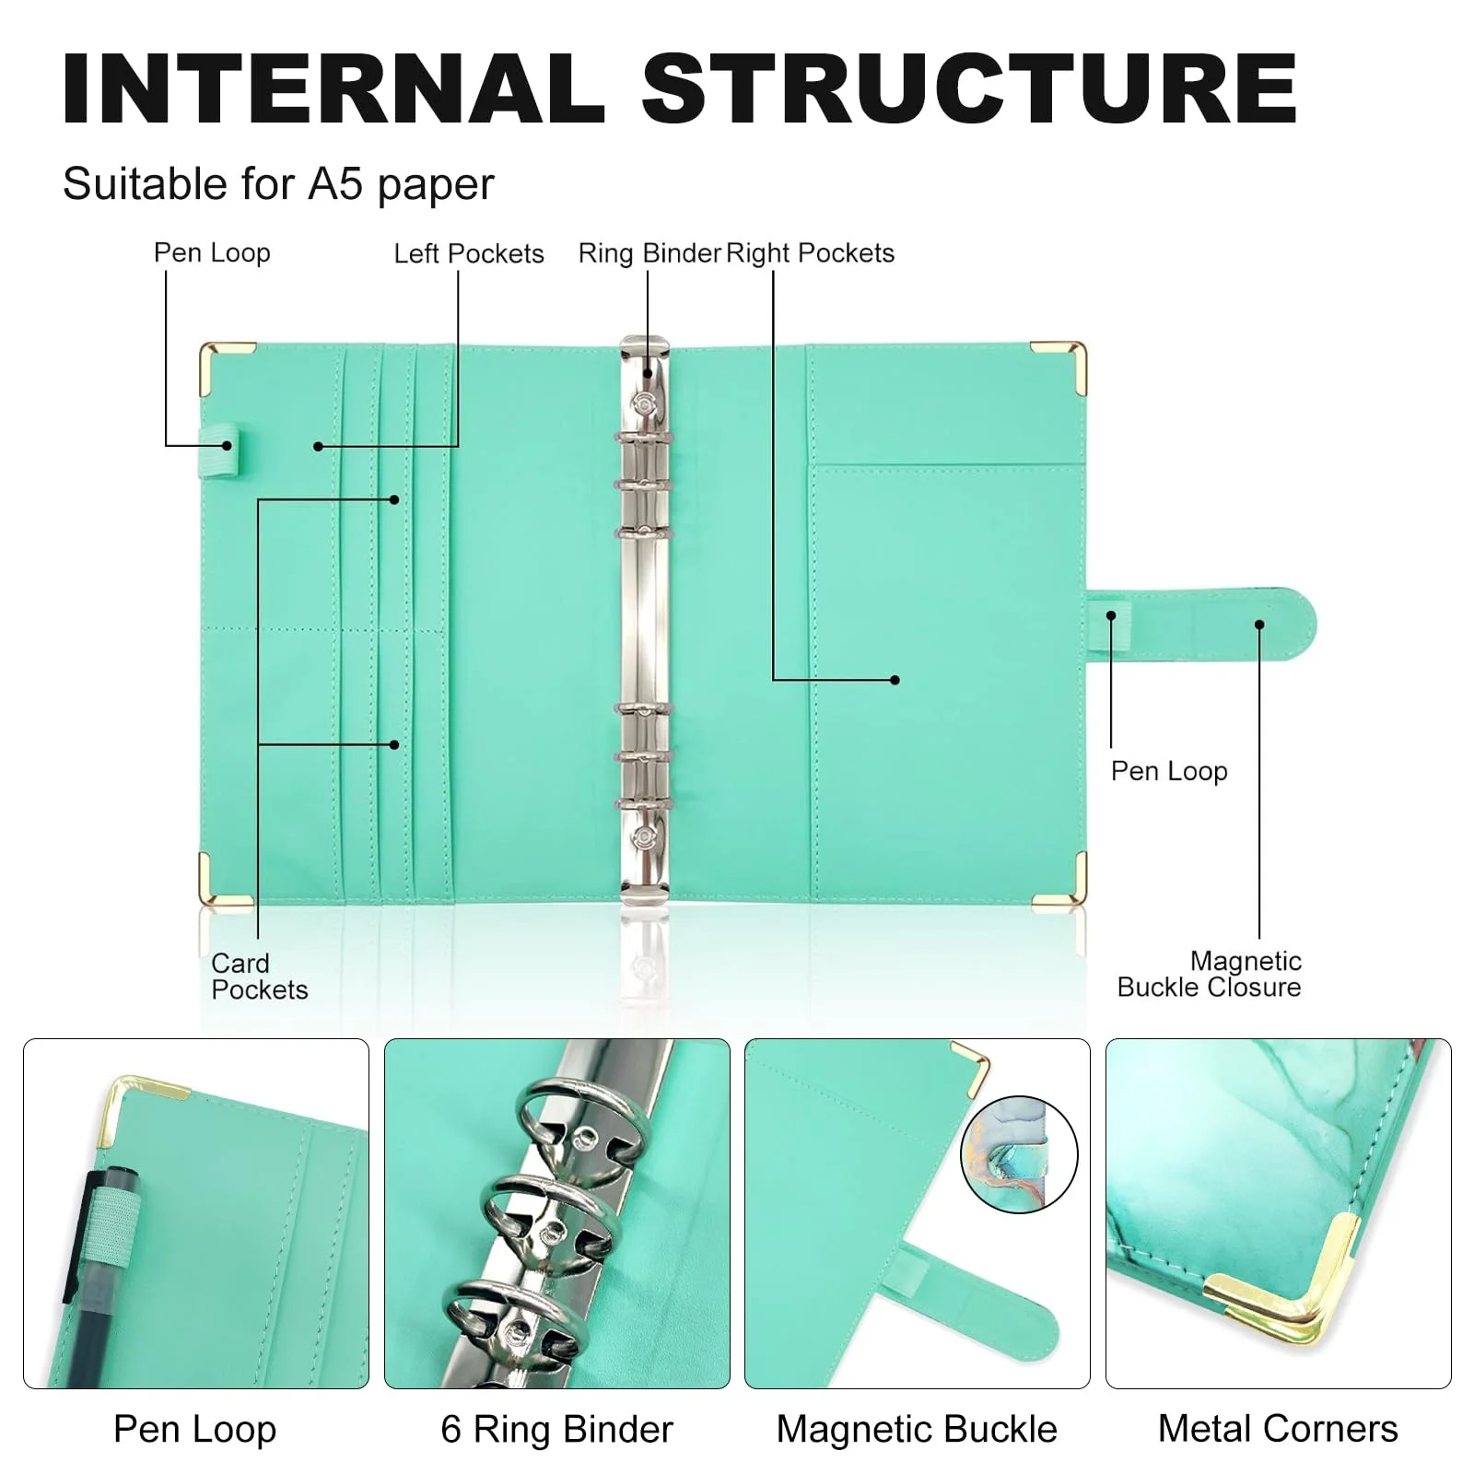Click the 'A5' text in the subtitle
336,183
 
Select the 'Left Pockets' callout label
468,253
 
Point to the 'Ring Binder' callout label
649,253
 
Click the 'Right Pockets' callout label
810,253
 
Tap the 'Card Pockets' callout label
258,977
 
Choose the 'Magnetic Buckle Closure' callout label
1209,974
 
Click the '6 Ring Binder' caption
556,1429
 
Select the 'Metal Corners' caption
1278,1429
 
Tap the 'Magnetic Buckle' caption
917,1429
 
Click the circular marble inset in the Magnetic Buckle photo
1019,1154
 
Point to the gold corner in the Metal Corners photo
1308,1290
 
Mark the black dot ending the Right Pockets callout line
895,680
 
